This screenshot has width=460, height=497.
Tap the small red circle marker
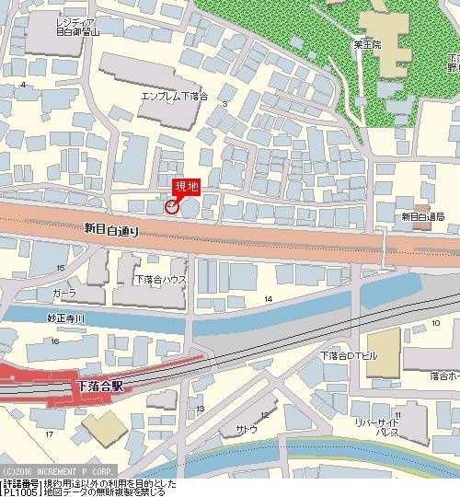point(170,207)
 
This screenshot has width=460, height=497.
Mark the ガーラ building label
point(64,292)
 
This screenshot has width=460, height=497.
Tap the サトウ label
point(247,430)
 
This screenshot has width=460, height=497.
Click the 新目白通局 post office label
point(423,216)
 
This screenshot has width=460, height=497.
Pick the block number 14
point(268,300)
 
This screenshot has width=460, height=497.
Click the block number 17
point(50,433)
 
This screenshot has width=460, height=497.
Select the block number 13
point(201,408)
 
